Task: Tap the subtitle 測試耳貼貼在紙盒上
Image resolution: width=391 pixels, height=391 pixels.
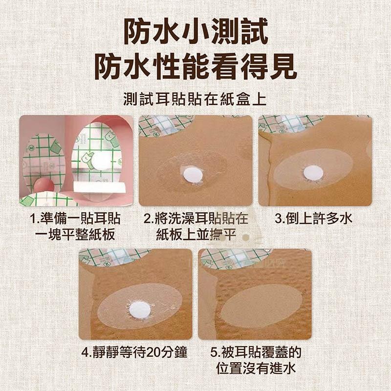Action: [195, 99]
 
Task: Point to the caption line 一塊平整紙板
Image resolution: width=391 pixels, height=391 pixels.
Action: [76, 235]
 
